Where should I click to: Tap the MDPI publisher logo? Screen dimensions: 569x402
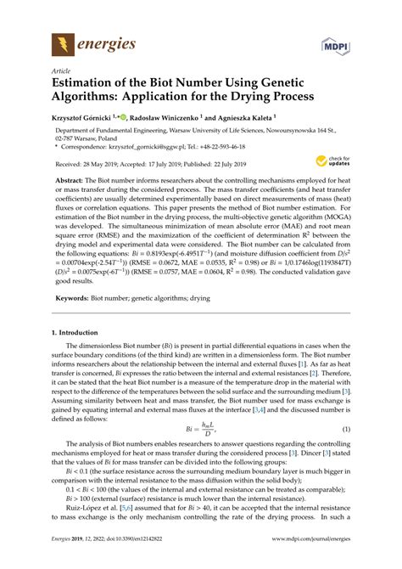click(337, 43)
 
